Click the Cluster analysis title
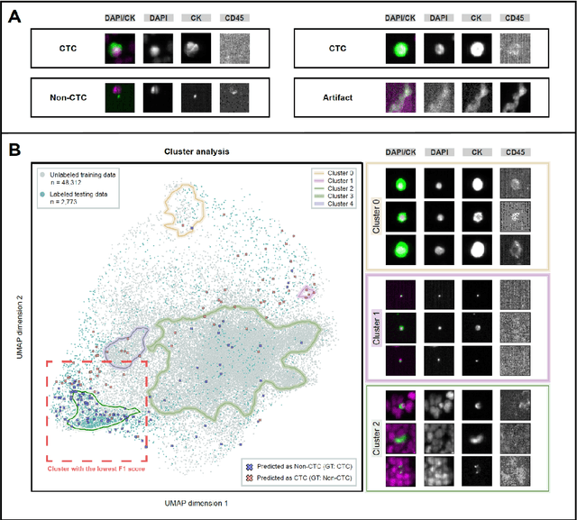point(197,152)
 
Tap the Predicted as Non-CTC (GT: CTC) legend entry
point(303,465)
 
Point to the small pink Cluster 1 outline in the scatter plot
point(307,290)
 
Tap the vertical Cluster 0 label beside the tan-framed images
point(377,215)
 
